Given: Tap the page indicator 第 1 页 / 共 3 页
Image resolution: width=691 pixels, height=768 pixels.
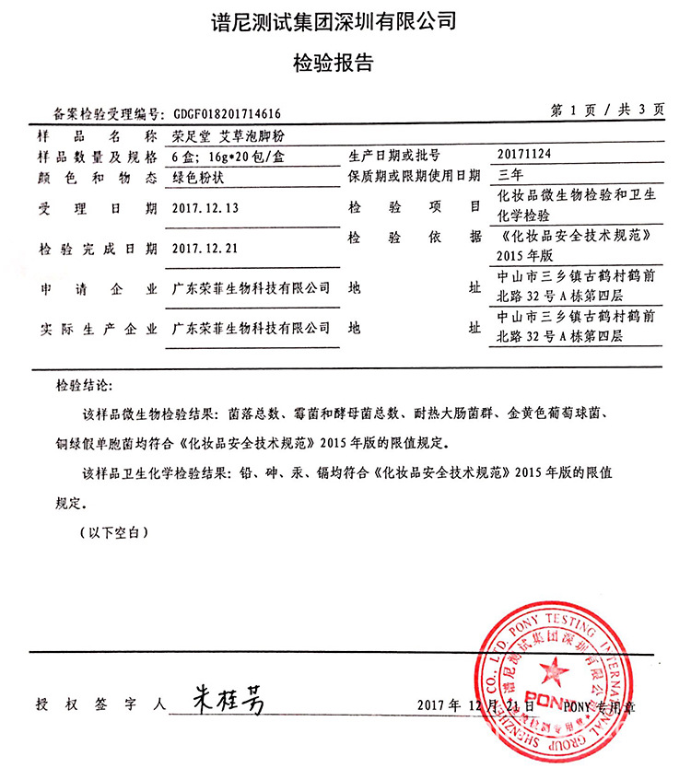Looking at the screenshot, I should [608, 110].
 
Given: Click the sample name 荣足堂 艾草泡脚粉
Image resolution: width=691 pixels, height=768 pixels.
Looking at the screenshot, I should [217, 136].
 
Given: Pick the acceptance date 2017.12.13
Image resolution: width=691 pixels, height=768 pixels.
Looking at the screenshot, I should [205, 208].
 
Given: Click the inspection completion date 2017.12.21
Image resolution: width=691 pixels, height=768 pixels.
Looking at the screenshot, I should [205, 249].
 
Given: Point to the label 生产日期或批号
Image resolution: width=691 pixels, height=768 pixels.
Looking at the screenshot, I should [395, 155].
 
